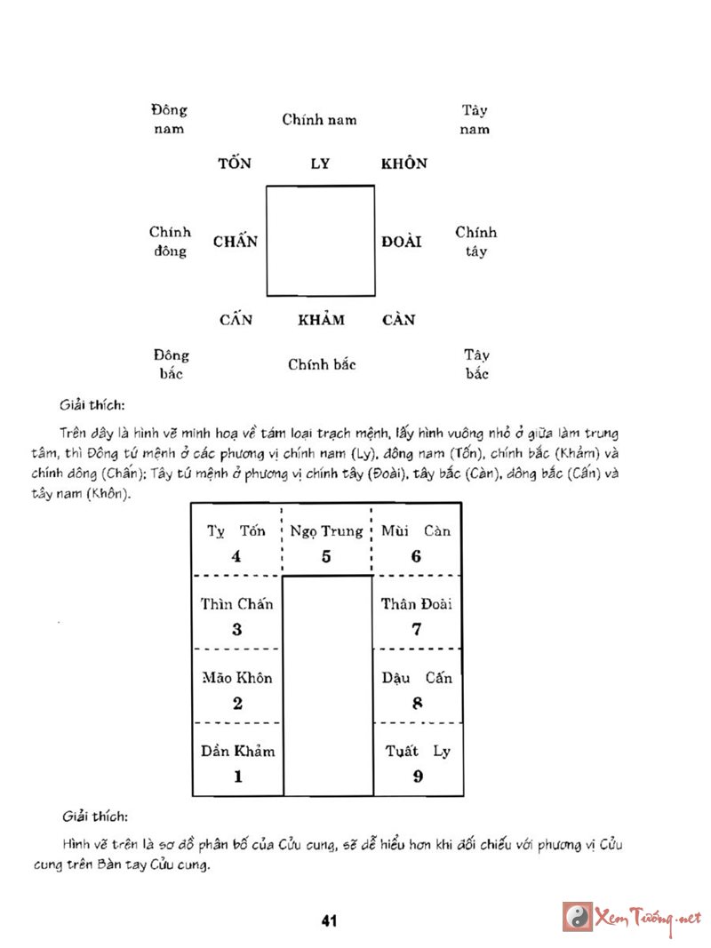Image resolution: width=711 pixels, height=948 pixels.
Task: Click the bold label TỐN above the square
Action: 236,163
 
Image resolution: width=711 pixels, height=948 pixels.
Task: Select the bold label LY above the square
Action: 320,163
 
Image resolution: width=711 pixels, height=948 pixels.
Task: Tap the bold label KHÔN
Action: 404,163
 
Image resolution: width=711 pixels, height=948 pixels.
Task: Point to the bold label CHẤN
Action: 236,242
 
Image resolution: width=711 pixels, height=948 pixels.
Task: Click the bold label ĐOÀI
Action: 402,242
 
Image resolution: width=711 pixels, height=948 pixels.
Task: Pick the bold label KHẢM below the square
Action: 321,320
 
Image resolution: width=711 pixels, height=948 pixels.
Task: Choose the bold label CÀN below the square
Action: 399,320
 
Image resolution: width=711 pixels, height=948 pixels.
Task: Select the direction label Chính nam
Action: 320,119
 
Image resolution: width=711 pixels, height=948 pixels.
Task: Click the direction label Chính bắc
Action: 322,364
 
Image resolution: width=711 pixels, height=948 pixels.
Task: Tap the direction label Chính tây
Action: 476,242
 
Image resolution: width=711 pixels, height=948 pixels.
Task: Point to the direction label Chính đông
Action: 170,242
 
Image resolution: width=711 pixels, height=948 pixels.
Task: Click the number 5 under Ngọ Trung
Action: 326,557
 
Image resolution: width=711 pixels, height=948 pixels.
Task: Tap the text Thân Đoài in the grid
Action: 417,604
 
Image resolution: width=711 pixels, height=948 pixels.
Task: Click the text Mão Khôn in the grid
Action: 237,678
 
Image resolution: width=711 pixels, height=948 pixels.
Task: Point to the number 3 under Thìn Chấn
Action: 237,630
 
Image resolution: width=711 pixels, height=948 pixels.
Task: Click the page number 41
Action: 329,920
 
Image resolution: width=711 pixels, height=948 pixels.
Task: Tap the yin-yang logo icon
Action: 578,916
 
